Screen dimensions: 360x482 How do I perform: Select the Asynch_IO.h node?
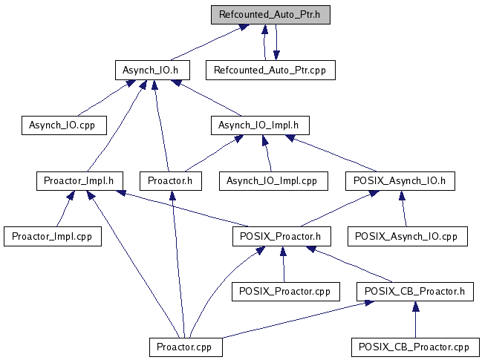[152, 70]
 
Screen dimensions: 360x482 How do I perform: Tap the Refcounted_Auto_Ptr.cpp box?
[270, 70]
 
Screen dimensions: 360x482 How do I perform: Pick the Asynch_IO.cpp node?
[63, 125]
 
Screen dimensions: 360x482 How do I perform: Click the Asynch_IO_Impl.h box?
[259, 125]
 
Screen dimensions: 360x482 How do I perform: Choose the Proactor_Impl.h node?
[79, 180]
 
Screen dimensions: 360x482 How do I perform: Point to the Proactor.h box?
[170, 180]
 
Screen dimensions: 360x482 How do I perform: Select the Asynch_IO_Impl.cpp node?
[272, 180]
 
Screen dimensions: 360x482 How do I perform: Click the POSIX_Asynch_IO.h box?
[400, 180]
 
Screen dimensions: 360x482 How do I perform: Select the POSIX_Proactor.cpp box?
[285, 291]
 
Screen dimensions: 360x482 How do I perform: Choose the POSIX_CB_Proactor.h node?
[415, 291]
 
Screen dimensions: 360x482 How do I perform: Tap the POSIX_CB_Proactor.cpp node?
[415, 347]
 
